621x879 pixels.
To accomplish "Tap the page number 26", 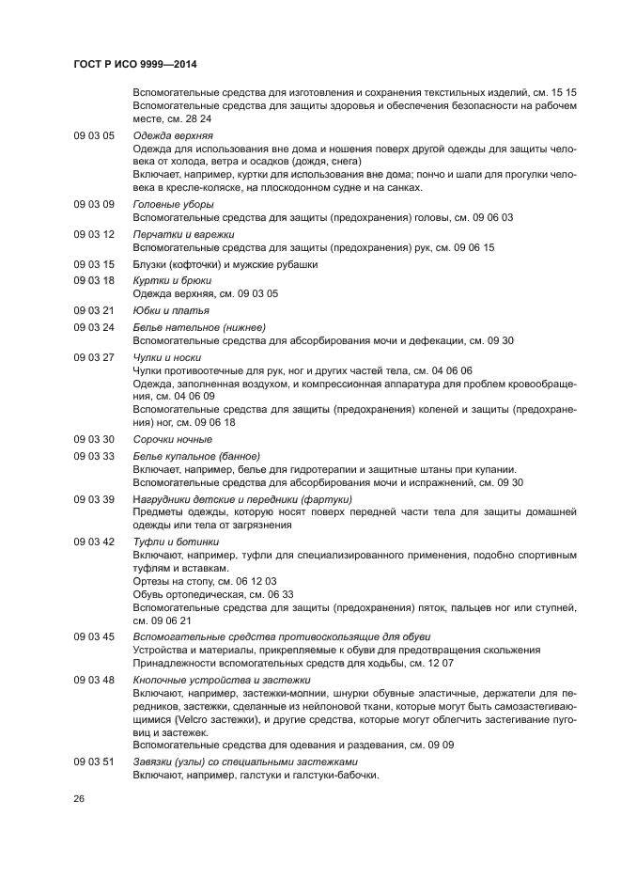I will pos(79,798).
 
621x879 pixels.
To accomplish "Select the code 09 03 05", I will pos(94,135).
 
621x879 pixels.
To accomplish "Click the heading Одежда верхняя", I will pos(173,135).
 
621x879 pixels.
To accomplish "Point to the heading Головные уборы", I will pos(173,204).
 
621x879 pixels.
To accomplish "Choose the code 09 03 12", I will pos(94,234).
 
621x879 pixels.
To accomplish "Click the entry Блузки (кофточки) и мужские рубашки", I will pos(225,264).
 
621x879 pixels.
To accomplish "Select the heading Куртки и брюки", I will pos(172,280).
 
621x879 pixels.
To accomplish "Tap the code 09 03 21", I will pos(94,310).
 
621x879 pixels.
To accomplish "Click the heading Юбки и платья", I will pos(171,310).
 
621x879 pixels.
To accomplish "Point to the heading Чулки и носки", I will pos(167,357).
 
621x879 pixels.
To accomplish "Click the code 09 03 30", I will pos(94,439).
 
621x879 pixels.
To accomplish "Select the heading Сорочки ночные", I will pos(172,439).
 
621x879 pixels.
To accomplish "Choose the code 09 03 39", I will pos(94,498).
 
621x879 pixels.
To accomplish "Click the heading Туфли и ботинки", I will pos(176,542).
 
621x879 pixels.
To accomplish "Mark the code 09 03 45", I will pos(94,636).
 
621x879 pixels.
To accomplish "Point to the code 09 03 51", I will pos(94,761).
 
